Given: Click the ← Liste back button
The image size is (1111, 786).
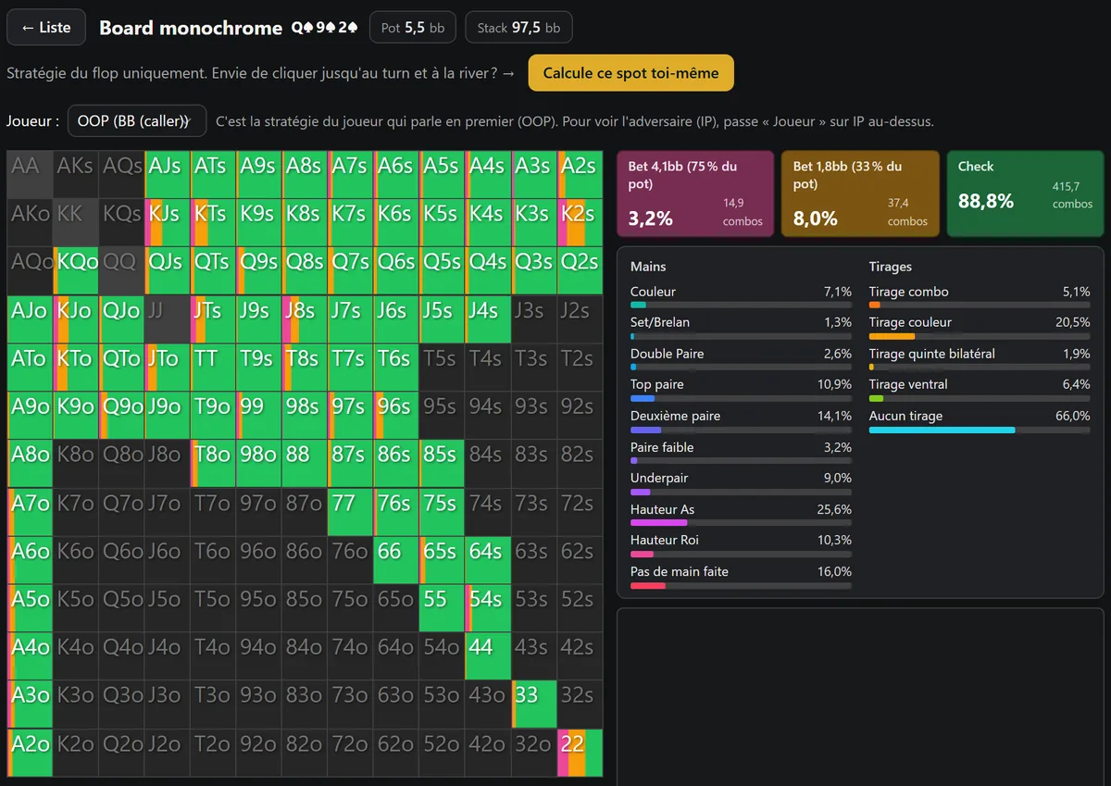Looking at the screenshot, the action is (46, 27).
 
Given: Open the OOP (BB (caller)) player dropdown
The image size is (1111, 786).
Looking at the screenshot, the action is (137, 120).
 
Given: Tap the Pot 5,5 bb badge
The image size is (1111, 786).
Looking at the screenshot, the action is (413, 28).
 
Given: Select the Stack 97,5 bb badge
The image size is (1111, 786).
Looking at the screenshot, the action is (518, 28).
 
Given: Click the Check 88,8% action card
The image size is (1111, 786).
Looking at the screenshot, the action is (1025, 193).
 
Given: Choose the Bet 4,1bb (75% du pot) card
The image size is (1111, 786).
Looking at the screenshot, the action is (695, 193).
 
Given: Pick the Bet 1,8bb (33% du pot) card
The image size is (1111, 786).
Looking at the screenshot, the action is (860, 193).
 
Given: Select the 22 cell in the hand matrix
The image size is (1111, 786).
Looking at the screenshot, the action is (580, 753).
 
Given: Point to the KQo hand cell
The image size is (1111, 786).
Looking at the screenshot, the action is (76, 270).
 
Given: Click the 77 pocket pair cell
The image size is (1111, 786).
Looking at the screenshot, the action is (350, 512).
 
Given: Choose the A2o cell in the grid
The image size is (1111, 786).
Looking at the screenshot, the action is (30, 753).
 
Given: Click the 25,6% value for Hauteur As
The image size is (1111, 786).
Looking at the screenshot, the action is (834, 509).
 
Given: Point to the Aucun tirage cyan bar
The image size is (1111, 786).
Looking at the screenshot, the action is (942, 430).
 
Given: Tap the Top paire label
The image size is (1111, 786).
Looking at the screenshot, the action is (656, 384).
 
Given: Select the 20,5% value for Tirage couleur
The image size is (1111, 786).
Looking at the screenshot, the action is (1073, 322).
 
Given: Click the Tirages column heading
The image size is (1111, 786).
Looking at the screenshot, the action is (891, 267).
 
